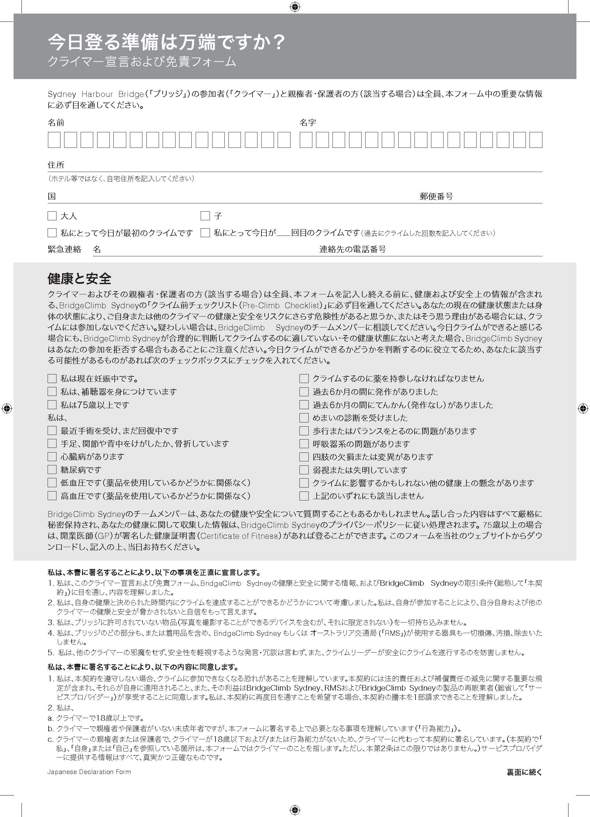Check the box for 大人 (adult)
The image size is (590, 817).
52,216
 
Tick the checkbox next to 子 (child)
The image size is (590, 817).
205,216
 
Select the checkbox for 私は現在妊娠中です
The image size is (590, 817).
52,379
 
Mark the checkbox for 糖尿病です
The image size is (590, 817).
52,470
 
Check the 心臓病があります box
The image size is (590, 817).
52,457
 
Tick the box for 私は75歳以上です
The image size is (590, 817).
52,405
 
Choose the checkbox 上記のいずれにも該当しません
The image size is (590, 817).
304,496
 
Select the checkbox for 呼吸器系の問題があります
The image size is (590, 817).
304,444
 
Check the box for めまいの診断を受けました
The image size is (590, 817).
304,418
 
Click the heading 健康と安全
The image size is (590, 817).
79,279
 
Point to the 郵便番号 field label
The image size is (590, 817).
436,196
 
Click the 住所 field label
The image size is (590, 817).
56,165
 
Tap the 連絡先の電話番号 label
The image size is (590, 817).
352,249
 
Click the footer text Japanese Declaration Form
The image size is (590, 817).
89,772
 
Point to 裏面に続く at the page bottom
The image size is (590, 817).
524,772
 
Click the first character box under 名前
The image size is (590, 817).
54,140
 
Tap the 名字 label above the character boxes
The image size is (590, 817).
307,122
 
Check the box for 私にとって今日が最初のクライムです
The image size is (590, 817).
52,233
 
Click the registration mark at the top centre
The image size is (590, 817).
295,7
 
